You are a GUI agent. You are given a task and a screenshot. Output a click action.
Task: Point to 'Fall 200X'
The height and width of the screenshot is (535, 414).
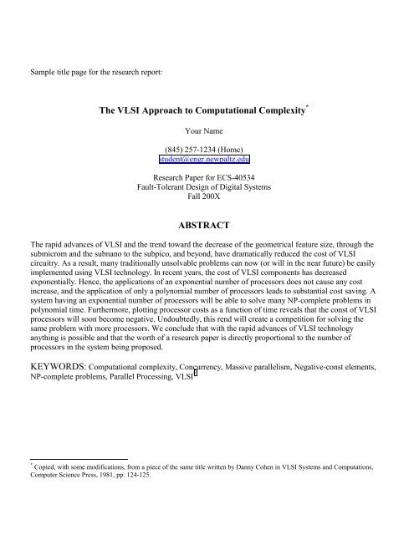207,198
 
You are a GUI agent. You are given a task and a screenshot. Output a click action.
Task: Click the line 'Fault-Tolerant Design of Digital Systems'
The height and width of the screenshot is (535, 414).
207,188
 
